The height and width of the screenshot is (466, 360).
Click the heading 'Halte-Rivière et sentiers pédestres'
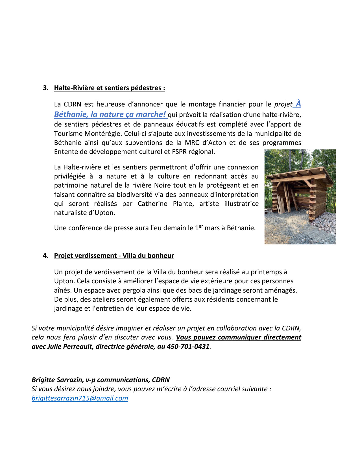(x=109, y=88)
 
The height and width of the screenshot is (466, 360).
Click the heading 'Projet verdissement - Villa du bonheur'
(x=114, y=256)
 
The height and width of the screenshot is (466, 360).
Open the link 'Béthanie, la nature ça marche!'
(x=110, y=114)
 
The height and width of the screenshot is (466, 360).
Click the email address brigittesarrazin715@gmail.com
(x=80, y=398)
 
